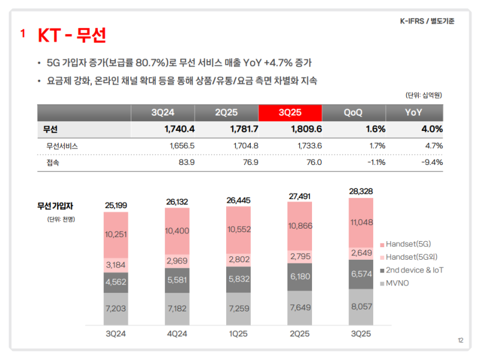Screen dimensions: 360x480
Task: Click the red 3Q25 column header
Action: click(x=290, y=112)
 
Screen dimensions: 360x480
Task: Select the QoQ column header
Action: click(x=353, y=112)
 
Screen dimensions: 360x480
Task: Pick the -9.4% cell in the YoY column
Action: click(x=431, y=162)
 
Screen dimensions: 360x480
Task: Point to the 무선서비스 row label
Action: click(x=61, y=146)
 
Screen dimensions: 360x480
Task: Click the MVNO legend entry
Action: click(x=397, y=283)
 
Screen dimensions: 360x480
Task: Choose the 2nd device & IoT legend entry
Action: click(x=415, y=270)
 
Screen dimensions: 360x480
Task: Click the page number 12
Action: click(x=460, y=340)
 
